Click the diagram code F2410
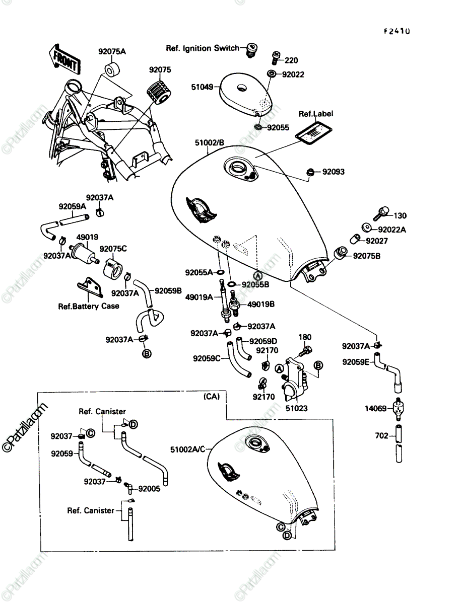(397, 31)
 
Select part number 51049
(203, 87)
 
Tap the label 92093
(333, 172)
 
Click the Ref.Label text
(316, 114)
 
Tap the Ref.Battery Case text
(89, 306)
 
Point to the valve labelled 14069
(398, 409)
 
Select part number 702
(381, 435)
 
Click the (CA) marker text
(212, 396)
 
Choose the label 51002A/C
(188, 449)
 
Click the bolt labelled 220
(276, 58)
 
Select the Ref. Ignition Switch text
(203, 48)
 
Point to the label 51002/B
(209, 142)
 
